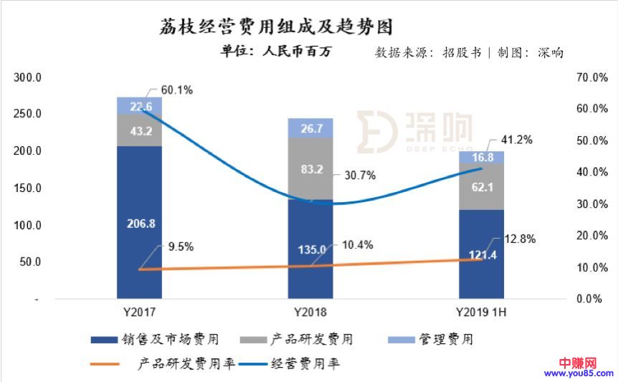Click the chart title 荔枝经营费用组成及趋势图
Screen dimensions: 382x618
point(275,27)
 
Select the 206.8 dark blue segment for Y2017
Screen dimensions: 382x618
point(139,223)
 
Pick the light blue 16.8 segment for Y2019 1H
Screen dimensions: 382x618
point(481,157)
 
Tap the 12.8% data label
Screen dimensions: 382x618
point(518,239)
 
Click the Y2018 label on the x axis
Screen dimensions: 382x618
point(310,312)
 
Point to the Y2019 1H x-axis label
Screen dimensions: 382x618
point(481,312)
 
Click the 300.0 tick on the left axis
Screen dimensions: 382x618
point(29,77)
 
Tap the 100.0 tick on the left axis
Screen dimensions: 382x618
point(29,225)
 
